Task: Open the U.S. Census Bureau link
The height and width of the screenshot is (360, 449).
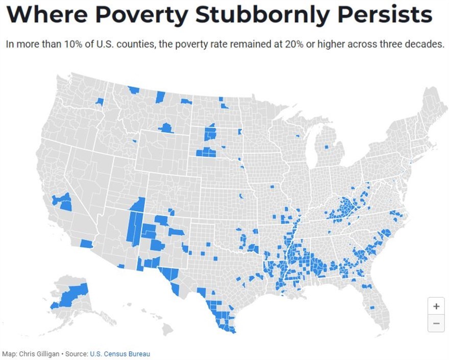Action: (120, 353)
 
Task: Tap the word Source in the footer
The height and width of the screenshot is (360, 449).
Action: (76, 353)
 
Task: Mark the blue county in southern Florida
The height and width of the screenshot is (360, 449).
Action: (372, 307)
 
